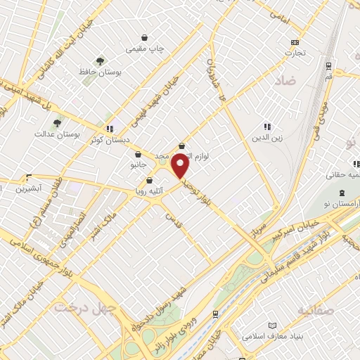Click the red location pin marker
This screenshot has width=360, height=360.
click(x=181, y=166)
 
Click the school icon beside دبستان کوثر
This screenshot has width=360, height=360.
click(x=110, y=129)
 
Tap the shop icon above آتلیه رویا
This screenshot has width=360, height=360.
click(x=148, y=180)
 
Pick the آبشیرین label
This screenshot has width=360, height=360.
click(x=31, y=188)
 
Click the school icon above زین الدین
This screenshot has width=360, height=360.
click(x=266, y=126)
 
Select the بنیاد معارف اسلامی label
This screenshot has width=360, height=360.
click(x=274, y=336)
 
